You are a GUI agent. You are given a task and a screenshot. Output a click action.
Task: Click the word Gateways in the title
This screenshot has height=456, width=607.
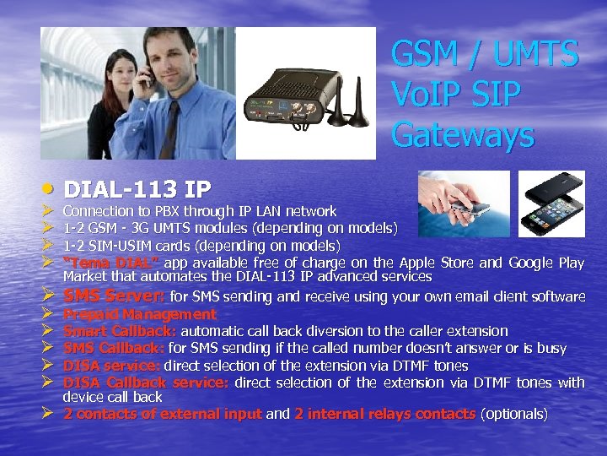pyautogui.click(x=463, y=133)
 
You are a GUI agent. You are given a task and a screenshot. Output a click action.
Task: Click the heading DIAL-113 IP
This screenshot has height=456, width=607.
pyautogui.click(x=138, y=187)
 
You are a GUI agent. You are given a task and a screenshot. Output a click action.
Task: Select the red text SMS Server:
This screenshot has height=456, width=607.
pyautogui.click(x=115, y=296)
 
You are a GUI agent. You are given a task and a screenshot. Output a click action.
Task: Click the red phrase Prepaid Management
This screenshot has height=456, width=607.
pyautogui.click(x=140, y=314)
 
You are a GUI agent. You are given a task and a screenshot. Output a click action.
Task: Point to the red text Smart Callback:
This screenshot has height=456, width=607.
pyautogui.click(x=121, y=331)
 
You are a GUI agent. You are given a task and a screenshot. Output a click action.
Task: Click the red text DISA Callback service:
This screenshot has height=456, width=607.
pyautogui.click(x=146, y=383)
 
